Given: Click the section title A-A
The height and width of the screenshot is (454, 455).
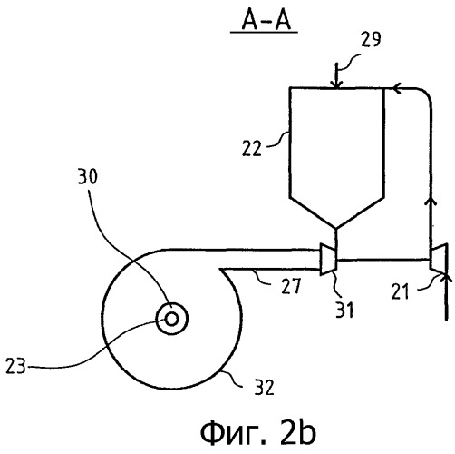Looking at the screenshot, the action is tap(266, 22).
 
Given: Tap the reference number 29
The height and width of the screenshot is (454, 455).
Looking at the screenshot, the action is tap(371, 39).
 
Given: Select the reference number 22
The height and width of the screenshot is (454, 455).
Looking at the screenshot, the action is tap(251, 149).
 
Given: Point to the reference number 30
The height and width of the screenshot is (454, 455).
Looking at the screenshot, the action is tap(88, 176).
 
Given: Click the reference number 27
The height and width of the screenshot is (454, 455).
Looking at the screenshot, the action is tap(291, 286).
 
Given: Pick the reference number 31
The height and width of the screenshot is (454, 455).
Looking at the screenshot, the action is tap(344, 310).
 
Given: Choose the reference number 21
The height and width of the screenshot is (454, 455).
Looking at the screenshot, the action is tap(400, 291).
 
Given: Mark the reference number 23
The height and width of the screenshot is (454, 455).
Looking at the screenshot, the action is tap(15, 366).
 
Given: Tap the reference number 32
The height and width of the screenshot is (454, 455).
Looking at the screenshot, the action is tap(264, 387).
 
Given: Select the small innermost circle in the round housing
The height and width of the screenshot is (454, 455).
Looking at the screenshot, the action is tap(172, 319).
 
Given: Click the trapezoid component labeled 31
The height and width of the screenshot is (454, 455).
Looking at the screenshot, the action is tap(328, 260).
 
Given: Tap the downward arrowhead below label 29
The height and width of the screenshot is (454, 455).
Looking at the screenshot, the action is tap(338, 84).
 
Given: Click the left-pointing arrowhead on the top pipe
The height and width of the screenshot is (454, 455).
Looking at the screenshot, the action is tap(397, 88).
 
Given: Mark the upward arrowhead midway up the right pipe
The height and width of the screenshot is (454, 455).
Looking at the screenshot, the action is tap(431, 201).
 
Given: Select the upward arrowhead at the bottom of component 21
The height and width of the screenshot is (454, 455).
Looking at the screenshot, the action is tap(447, 277).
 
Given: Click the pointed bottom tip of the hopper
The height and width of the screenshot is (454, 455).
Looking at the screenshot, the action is tap(335, 228).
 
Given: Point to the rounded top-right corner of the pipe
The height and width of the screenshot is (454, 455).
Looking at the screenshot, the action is tap(425, 94).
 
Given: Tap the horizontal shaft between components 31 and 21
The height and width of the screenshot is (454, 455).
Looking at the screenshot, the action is tap(383, 260).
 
